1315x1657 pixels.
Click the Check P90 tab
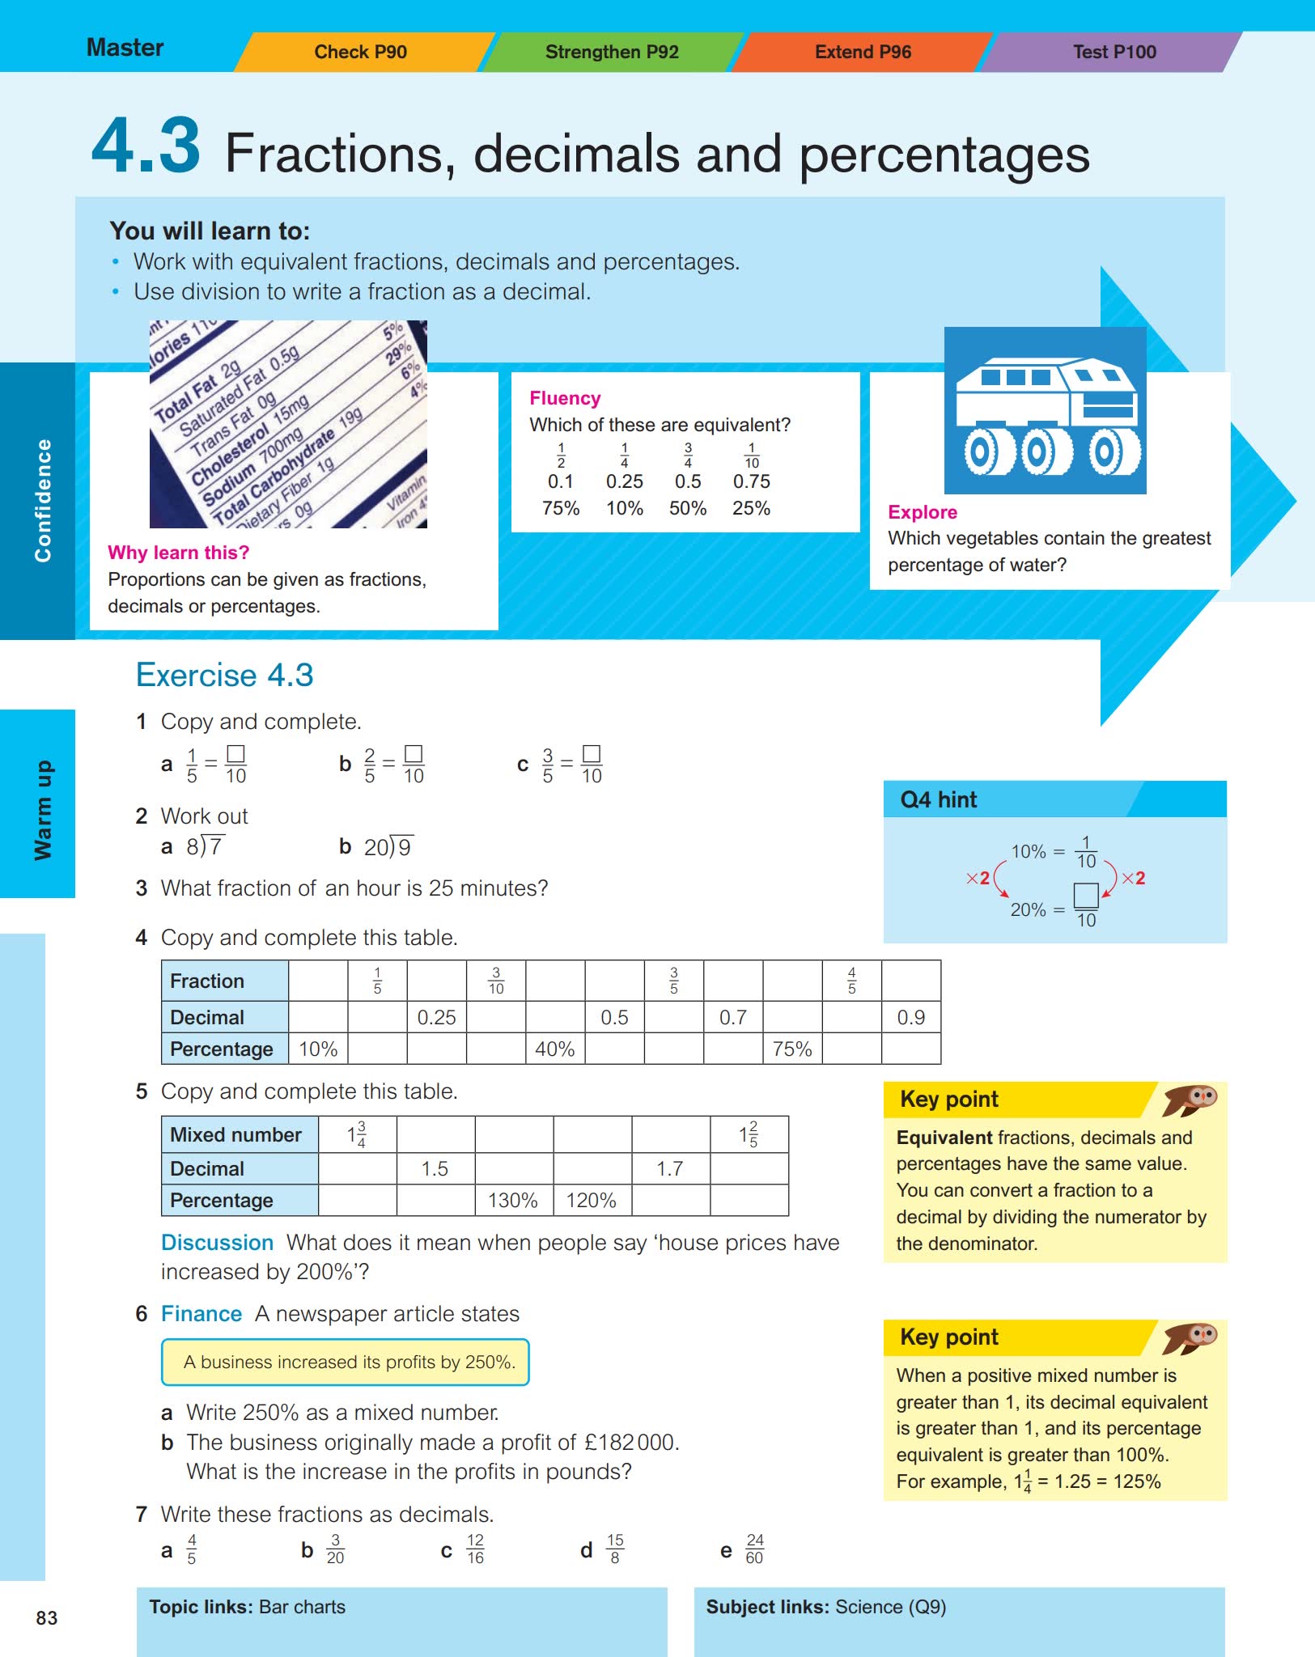pos(360,52)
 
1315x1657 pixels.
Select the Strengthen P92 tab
pos(612,52)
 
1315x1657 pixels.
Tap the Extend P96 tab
pos(863,52)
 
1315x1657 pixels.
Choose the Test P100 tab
pos(1114,52)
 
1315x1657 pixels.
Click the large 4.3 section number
pos(146,146)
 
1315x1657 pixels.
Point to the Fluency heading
pos(565,398)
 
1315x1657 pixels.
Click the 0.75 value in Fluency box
pos(751,481)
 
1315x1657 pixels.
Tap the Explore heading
pos(922,512)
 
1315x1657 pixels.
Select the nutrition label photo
pos(288,425)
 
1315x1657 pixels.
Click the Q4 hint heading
pos(938,799)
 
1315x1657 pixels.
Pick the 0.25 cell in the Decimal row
pos(436,1017)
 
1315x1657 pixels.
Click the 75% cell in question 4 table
pos(791,1049)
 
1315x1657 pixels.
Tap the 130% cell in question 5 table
pos(513,1200)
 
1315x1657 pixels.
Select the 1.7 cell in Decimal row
pos(670,1168)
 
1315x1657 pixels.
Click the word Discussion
pos(217,1243)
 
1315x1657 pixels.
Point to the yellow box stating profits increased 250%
pos(346,1362)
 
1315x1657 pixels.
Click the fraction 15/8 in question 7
pos(615,1549)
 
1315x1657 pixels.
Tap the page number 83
pos(47,1617)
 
